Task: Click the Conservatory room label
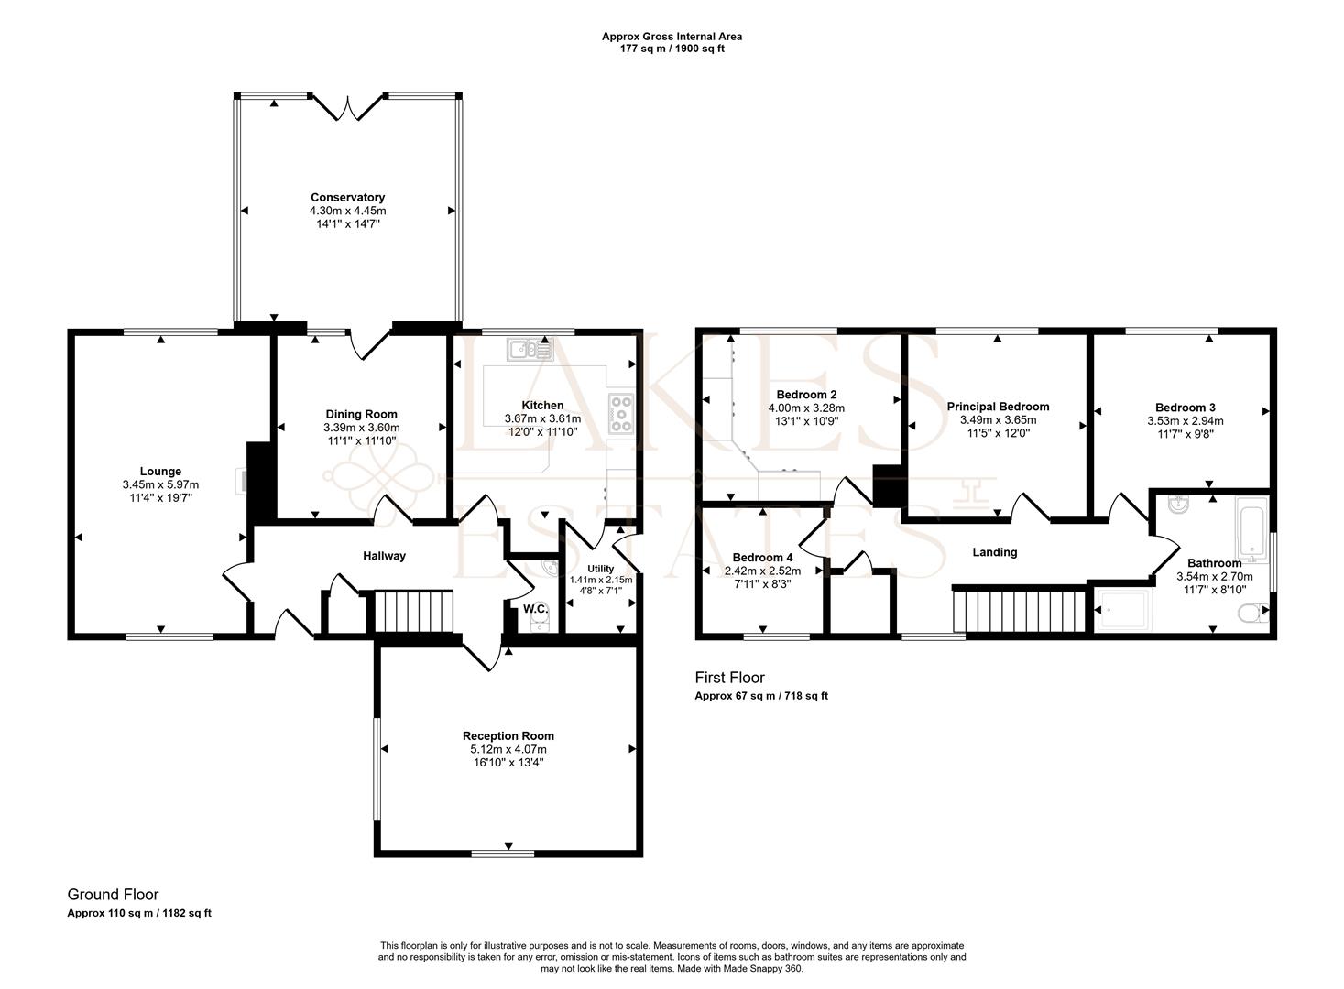coord(347,197)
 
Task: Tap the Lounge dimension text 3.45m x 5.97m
coord(160,484)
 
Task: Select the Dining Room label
coord(361,415)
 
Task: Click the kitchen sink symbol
coord(530,350)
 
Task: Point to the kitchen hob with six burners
coord(621,413)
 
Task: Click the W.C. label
coord(535,609)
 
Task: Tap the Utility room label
coord(601,569)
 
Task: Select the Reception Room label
coord(508,736)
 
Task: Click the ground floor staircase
coord(413,611)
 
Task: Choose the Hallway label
coord(384,556)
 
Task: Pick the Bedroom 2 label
coord(806,395)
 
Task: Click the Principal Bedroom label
coord(998,407)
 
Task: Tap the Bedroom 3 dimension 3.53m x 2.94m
coord(1185,421)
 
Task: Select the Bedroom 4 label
coord(762,558)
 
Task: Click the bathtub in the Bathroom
coord(1251,529)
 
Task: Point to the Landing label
coord(995,552)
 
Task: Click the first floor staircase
coord(1020,611)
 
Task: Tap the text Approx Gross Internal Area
coord(672,37)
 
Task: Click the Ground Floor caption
coord(113,895)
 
